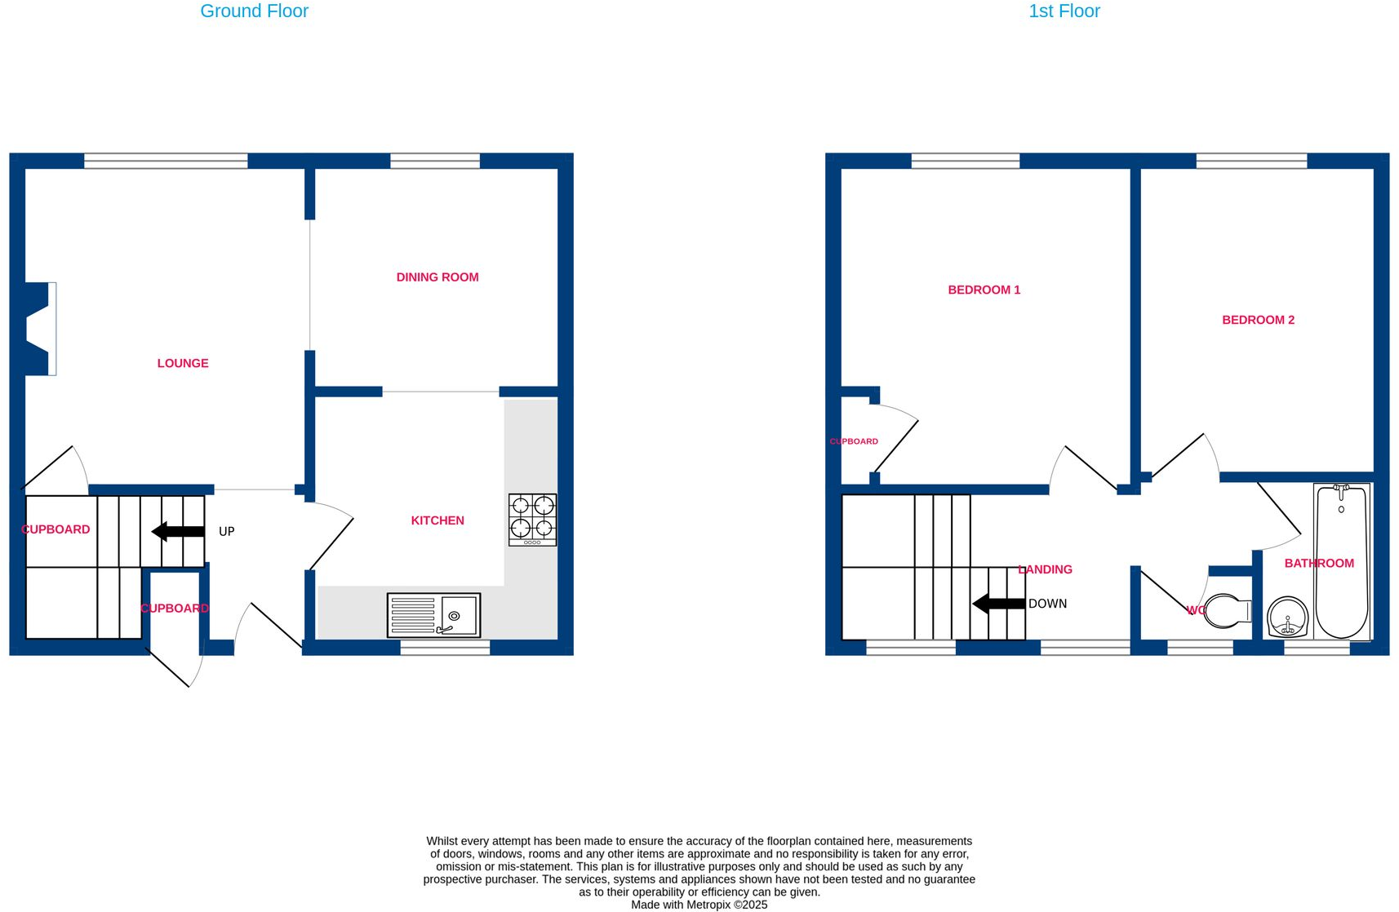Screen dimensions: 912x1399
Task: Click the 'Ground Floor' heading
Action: point(254,11)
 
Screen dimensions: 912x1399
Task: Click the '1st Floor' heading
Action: point(1064,11)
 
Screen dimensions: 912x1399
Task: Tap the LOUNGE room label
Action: point(183,364)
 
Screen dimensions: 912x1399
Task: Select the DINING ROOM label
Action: point(437,277)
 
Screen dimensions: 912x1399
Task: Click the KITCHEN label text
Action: point(437,520)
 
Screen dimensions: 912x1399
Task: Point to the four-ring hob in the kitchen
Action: point(532,520)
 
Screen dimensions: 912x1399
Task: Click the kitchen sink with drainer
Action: point(433,615)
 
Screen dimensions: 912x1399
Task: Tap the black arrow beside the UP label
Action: point(178,532)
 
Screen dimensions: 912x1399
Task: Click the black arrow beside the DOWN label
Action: point(998,604)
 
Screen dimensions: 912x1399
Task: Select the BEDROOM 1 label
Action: point(984,290)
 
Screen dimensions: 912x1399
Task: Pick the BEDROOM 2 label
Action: point(1258,320)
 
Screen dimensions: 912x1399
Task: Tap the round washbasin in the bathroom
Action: point(1288,617)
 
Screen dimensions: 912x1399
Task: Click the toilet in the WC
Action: point(1226,610)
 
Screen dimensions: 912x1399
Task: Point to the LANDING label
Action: point(1045,569)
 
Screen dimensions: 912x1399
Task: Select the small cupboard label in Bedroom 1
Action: point(854,441)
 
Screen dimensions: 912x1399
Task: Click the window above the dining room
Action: point(435,162)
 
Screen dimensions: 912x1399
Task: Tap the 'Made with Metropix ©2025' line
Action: point(699,905)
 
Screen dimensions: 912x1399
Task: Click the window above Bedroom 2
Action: point(1251,162)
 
